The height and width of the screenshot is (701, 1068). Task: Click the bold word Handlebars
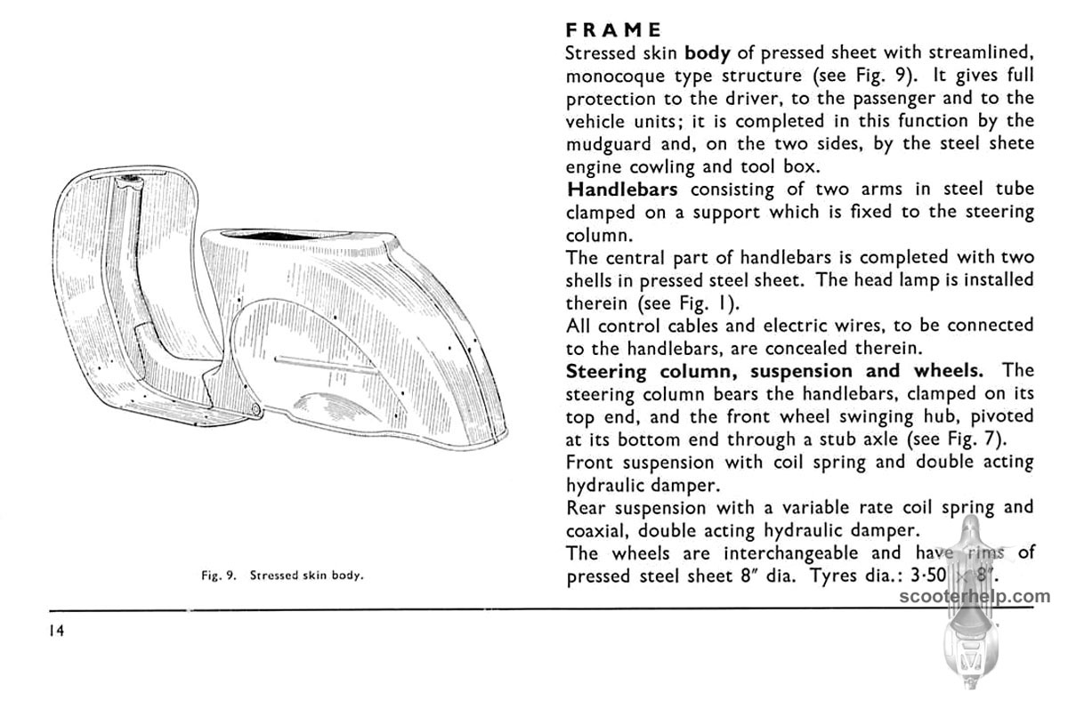(623, 189)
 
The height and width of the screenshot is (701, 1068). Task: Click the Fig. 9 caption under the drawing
(280, 576)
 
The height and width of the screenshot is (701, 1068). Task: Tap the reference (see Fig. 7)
(982, 439)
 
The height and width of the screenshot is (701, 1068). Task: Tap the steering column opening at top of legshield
(131, 181)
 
